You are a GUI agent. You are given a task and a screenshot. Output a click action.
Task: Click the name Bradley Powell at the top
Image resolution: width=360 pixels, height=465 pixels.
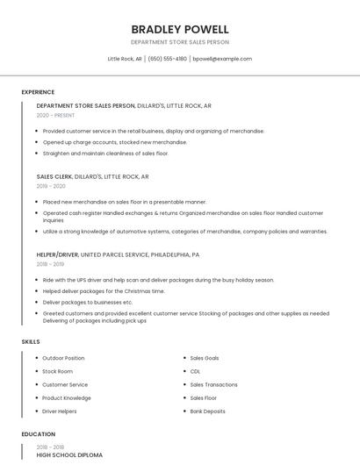pos(180,29)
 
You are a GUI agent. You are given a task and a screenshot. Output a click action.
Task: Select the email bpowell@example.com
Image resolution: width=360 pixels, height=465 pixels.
pos(222,59)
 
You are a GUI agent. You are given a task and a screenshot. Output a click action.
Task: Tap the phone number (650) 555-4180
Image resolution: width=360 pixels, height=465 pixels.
pos(167,59)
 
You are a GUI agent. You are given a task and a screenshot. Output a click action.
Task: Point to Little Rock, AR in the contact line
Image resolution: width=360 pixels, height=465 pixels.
pos(125,59)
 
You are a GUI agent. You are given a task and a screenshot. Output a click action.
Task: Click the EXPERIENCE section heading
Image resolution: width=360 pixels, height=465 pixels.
pos(38,92)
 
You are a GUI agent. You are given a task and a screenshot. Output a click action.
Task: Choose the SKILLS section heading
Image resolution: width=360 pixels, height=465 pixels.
pos(31,341)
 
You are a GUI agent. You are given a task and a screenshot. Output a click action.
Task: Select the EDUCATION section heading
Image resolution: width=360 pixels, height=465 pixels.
pos(38,434)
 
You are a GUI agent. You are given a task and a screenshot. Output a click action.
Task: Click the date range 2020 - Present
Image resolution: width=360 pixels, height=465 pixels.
pos(55,115)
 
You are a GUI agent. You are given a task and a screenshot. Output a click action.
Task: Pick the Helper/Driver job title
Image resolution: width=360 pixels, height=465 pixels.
pos(57,254)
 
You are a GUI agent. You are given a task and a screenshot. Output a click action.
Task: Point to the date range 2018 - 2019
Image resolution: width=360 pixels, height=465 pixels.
pos(50,263)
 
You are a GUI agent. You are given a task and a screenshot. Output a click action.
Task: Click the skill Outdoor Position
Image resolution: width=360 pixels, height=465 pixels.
pos(63,358)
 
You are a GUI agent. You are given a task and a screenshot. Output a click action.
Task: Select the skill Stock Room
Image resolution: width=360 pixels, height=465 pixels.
pos(57,371)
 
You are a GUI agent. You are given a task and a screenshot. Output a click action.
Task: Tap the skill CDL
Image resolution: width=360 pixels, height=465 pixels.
pos(195,371)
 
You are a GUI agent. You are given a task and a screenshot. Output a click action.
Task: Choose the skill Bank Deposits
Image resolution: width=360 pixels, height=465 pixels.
pos(207,411)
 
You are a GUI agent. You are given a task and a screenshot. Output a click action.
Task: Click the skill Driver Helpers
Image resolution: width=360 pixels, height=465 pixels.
pos(60,411)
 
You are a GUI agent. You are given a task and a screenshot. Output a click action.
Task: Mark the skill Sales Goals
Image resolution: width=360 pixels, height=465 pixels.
pos(205,358)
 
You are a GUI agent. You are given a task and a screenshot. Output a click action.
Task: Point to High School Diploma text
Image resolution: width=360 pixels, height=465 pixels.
pos(69,455)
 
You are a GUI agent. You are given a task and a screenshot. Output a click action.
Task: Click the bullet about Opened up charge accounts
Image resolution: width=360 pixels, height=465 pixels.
pos(114,142)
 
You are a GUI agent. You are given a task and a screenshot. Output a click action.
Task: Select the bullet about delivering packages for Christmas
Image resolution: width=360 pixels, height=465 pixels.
pos(104,290)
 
